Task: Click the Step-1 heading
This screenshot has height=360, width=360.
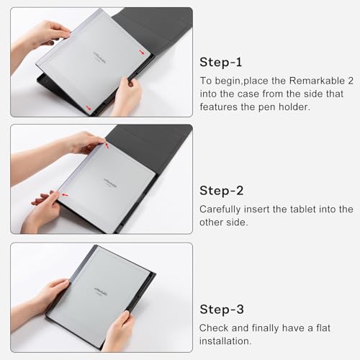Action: [220, 63]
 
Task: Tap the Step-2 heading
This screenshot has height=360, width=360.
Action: [221, 191]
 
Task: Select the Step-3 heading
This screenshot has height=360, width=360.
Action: [222, 310]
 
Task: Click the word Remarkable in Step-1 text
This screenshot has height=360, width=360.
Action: [317, 81]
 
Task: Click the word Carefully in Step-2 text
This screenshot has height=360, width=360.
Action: [220, 210]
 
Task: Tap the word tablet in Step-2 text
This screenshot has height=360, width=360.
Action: [303, 210]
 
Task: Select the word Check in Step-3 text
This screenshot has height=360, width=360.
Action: [214, 328]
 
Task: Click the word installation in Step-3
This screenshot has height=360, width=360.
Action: [225, 341]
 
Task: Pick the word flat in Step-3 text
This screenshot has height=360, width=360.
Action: [323, 328]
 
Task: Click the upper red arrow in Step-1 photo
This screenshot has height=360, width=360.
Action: [142, 53]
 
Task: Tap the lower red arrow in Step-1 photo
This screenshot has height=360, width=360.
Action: [89, 108]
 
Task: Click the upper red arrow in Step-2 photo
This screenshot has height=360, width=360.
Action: [107, 145]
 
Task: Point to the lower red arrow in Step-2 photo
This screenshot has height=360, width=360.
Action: [65, 194]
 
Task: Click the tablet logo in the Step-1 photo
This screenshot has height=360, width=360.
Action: [100, 57]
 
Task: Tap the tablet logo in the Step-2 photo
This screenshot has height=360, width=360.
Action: [110, 183]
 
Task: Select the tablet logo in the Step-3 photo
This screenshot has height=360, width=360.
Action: [101, 292]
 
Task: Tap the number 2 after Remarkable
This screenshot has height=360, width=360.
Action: [351, 81]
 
